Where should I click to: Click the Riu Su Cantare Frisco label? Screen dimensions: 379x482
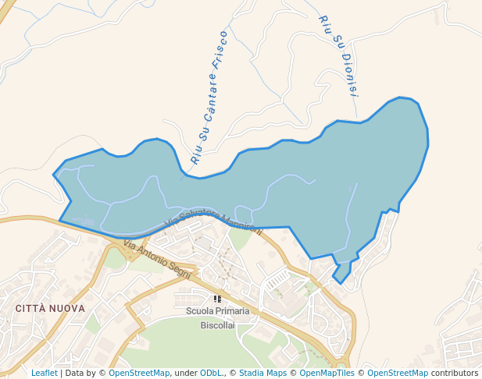[209, 97]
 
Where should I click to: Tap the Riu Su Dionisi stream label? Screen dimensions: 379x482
[338, 55]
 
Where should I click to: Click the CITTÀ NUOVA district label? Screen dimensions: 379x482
[50, 309]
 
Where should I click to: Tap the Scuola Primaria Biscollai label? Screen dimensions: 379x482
[217, 317]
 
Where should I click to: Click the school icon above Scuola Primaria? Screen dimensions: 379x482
[217, 299]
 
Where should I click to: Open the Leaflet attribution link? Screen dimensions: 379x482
[44, 373]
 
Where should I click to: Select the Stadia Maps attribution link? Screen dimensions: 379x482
[262, 373]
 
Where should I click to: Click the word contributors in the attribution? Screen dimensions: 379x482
[454, 373]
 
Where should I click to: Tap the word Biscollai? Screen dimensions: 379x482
[217, 324]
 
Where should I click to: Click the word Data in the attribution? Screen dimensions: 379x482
[76, 373]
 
